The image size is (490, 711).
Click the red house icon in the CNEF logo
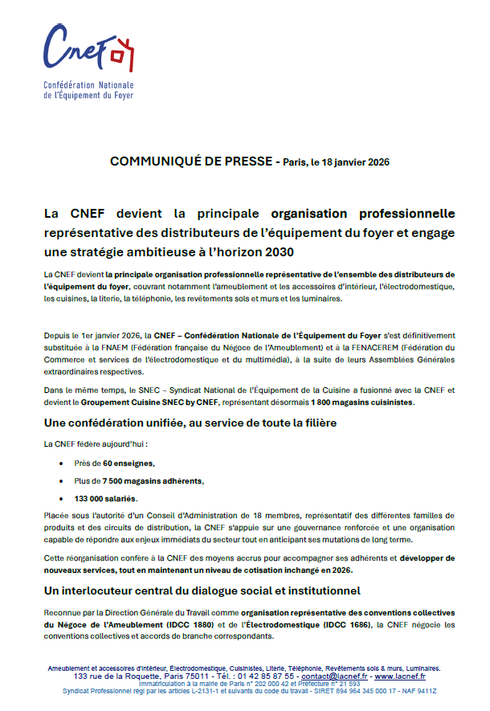[x=120, y=55]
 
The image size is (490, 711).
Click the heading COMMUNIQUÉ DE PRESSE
[x=191, y=162]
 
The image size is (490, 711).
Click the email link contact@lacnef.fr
[x=335, y=677]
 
